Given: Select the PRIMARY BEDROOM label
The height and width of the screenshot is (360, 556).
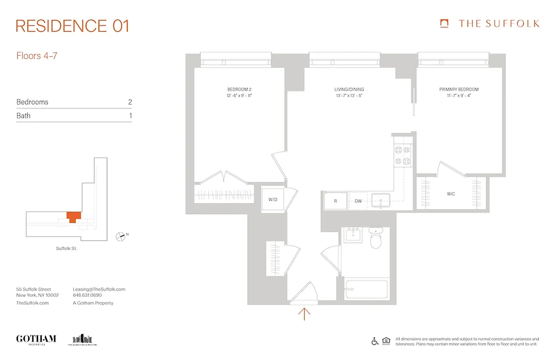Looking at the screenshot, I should tap(458, 90).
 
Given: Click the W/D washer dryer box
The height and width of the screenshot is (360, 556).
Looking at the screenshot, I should tap(273, 199).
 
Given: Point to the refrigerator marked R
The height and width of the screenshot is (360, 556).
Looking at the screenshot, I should tap(335, 201).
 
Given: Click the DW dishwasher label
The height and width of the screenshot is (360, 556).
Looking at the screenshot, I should tap(358, 201).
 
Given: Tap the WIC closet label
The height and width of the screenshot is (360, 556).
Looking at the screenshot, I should tap(450, 194).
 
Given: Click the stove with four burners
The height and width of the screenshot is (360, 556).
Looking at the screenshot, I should tap(402, 156).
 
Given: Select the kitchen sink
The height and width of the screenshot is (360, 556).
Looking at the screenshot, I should tap(381, 201).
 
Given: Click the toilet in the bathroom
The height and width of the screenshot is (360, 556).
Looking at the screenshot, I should tap(376, 240).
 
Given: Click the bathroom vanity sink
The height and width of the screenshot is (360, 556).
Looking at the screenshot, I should tap(353, 235).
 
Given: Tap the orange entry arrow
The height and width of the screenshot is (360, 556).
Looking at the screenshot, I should tap(305, 313).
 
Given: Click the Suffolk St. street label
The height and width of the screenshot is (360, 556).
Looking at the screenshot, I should tap(67, 248).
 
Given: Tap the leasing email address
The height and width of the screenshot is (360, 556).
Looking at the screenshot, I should tap(99, 289).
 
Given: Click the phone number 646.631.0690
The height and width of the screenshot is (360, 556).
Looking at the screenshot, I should tap(87, 296).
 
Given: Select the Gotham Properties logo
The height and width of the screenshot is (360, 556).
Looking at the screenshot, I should tap(36, 339).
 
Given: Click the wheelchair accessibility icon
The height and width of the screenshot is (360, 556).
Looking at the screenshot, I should tap(375, 341).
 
